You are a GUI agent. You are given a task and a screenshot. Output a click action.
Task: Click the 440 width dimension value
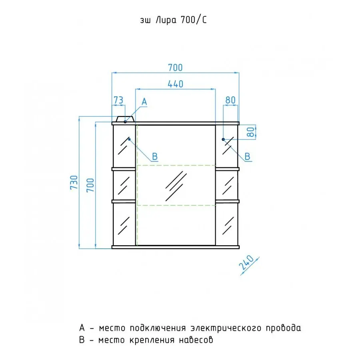pyautogui.click(x=176, y=84)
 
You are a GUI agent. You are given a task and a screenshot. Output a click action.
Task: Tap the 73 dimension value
pyautogui.click(x=118, y=100)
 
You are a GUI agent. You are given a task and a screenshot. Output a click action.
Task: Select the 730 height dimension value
pyautogui.click(x=74, y=182)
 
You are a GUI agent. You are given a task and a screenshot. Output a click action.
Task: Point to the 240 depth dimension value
pyautogui.click(x=246, y=263)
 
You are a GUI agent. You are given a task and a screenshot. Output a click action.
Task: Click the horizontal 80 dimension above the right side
pyautogui.click(x=230, y=100)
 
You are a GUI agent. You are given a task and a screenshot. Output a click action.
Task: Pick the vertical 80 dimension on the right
pyautogui.click(x=251, y=132)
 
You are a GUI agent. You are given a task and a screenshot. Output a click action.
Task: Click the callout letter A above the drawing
pyautogui.click(x=144, y=102)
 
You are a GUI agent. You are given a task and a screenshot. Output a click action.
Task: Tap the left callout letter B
pyautogui.click(x=155, y=156)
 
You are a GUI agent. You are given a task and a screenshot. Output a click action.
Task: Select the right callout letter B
pyautogui.click(x=247, y=156)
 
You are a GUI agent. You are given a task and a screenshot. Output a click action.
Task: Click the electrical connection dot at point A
pyautogui.click(x=125, y=122)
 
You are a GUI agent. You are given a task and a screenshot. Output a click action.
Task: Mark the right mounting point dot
pyautogui.click(x=223, y=139)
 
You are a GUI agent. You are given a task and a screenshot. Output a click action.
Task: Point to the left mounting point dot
pyautogui.click(x=129, y=139)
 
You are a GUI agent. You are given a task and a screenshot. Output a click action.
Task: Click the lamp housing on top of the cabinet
pyautogui.click(x=125, y=119)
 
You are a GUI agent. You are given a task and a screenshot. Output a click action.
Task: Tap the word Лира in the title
pyautogui.click(x=166, y=20)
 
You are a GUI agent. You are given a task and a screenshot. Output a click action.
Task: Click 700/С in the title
pyautogui.click(x=194, y=20)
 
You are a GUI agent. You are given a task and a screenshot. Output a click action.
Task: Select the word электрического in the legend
pyautogui.click(x=226, y=328)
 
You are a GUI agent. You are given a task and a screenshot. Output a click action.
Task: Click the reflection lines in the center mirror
pyautogui.click(x=176, y=186)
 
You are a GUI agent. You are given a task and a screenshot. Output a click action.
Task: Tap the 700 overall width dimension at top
pyautogui.click(x=176, y=68)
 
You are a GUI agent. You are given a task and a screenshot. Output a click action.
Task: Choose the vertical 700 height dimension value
pyautogui.click(x=90, y=185)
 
